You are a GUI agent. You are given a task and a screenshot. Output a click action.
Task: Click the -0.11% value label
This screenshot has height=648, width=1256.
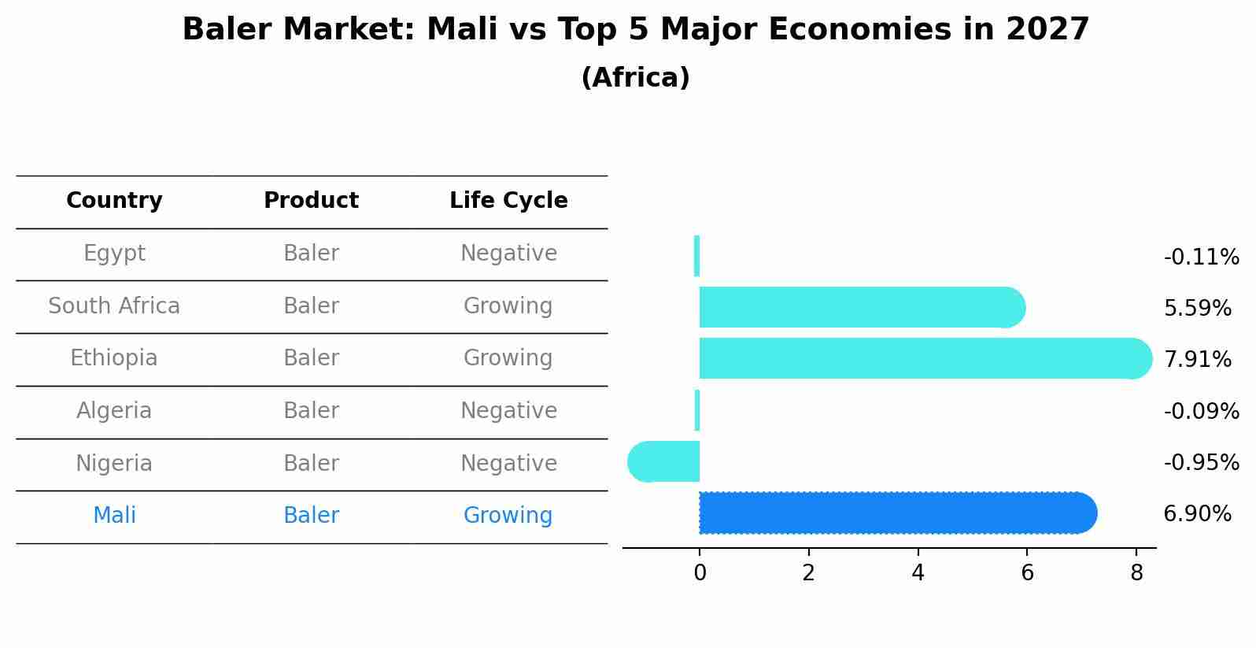pyautogui.click(x=1201, y=257)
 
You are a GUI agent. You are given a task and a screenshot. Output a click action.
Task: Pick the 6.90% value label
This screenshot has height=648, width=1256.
pyautogui.click(x=1197, y=514)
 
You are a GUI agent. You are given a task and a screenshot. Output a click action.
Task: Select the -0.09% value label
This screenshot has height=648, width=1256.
pyautogui.click(x=1201, y=411)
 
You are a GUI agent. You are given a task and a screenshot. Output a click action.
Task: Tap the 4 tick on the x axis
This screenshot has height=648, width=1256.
pyautogui.click(x=918, y=573)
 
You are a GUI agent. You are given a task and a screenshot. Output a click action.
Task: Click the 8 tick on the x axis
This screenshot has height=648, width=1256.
pyautogui.click(x=1136, y=573)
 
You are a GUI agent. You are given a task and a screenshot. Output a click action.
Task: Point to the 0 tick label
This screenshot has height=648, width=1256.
pyautogui.click(x=700, y=573)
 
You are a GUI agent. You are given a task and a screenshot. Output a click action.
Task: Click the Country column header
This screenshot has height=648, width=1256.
pyautogui.click(x=114, y=201)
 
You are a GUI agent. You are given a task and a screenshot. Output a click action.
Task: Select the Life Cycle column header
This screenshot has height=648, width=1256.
pyautogui.click(x=508, y=201)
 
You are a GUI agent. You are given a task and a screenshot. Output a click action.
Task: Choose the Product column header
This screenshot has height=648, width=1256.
pyautogui.click(x=311, y=201)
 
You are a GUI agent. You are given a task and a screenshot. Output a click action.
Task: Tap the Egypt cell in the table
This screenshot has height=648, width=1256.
pyautogui.click(x=114, y=254)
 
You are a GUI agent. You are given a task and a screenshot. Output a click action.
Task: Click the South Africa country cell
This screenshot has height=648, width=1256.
pyautogui.click(x=114, y=305)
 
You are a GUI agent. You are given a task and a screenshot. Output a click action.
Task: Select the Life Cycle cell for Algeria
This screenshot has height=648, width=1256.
pyautogui.click(x=508, y=410)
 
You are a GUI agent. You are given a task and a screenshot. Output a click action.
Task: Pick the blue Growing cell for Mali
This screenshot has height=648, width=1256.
pyautogui.click(x=508, y=516)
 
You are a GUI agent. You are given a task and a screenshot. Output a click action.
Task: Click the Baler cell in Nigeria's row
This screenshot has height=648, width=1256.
pyautogui.click(x=311, y=463)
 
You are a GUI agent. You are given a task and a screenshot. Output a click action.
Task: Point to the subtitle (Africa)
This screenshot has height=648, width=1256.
pyautogui.click(x=635, y=78)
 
